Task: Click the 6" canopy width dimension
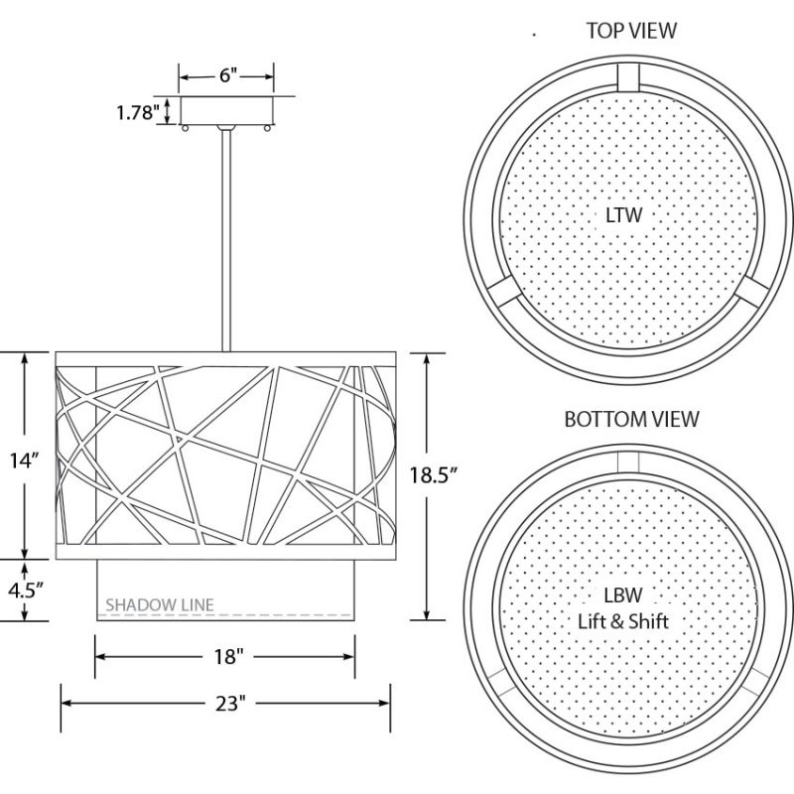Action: [228, 75]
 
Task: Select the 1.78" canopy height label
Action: [138, 112]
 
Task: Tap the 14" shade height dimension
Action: [24, 461]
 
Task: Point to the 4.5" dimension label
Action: [25, 590]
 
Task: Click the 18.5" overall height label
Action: [434, 475]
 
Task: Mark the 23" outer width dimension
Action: [230, 704]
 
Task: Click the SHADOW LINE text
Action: [160, 604]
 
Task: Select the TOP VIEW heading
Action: [631, 31]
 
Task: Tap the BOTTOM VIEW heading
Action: [631, 419]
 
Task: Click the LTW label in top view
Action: [624, 215]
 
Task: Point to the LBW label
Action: [623, 595]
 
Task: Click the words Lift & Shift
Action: [623, 621]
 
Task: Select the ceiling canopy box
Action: [226, 110]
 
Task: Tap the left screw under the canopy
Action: [185, 128]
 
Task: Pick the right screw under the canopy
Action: [267, 128]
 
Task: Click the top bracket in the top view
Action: [628, 77]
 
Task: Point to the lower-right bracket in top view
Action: [752, 291]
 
